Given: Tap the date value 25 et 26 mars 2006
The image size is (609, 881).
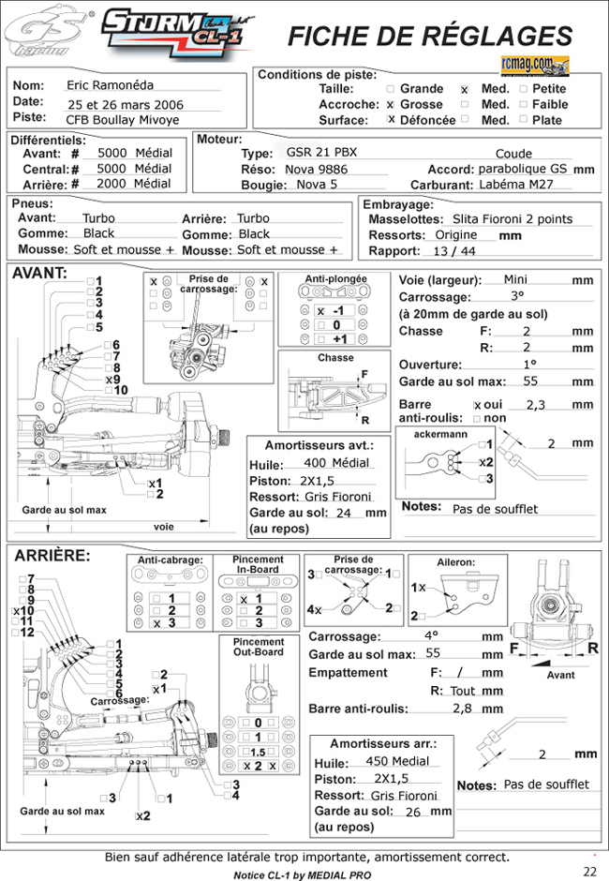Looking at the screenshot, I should point(126,105).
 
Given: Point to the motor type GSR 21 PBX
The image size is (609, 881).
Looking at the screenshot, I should point(321,153).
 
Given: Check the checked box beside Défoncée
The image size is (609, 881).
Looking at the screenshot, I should point(391,120).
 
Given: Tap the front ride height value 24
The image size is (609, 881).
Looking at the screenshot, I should point(343,513).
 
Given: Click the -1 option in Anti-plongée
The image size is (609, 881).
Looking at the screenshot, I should point(339,310).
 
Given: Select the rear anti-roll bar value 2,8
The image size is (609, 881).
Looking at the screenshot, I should point(462,709).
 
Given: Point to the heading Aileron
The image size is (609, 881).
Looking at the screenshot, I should point(456,561).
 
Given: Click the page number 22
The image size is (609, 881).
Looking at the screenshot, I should point(589,871).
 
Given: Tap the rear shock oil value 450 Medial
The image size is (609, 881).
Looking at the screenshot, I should point(399,760).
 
